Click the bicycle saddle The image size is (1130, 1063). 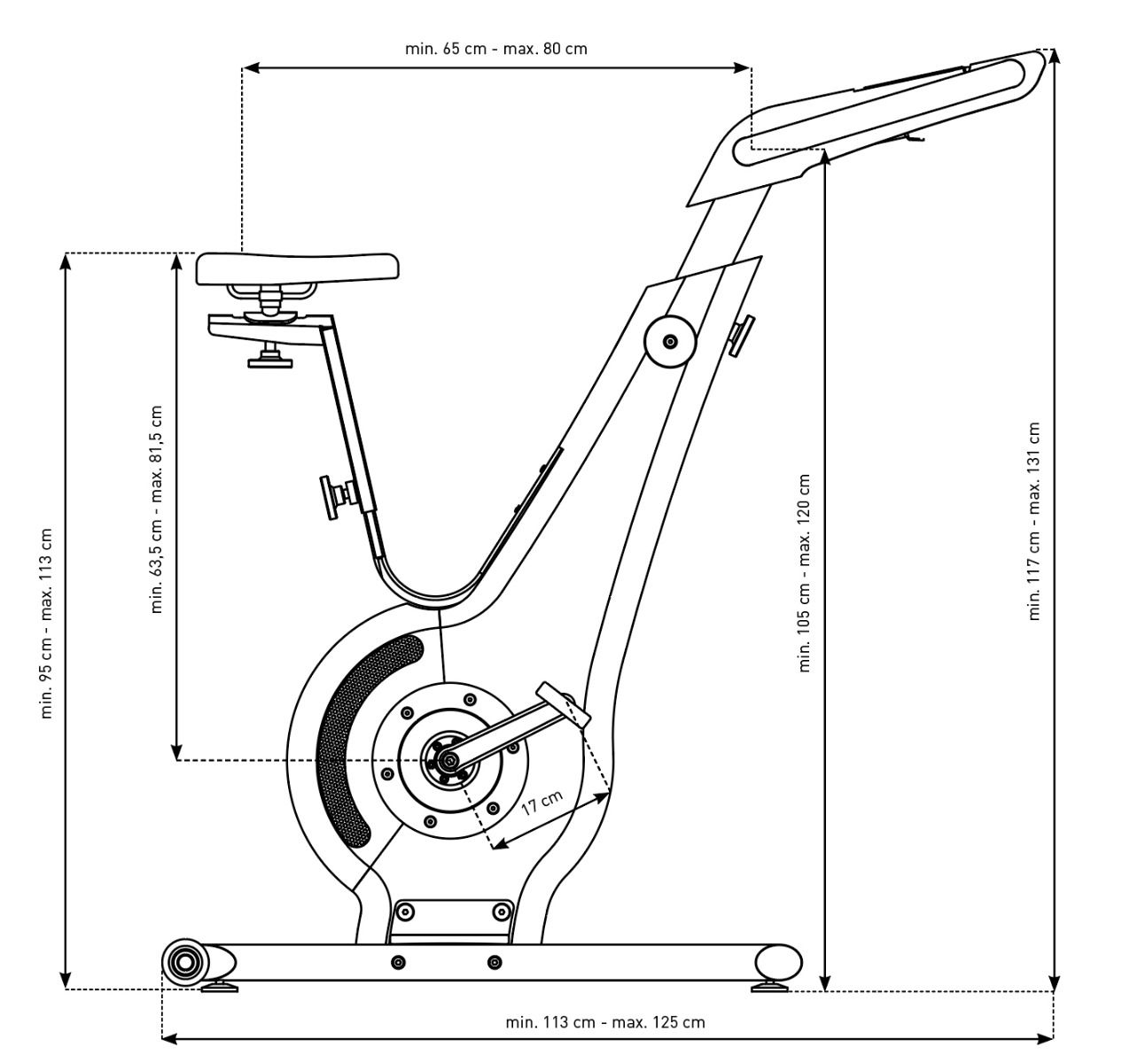297,268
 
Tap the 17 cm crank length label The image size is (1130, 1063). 542,803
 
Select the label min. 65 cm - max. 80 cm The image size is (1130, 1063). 495,49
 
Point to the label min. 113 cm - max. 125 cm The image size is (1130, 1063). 605,1021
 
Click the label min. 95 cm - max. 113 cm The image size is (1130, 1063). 47,624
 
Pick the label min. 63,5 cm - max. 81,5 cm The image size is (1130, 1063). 158,509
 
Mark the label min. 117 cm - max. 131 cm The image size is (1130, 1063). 1033,521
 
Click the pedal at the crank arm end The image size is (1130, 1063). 562,703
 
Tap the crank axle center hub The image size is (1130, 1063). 448,760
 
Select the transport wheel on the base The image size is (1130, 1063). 184,961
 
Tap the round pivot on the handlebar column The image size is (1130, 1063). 670,341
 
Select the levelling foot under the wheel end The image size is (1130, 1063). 218,986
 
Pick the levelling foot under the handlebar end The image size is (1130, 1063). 769,984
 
